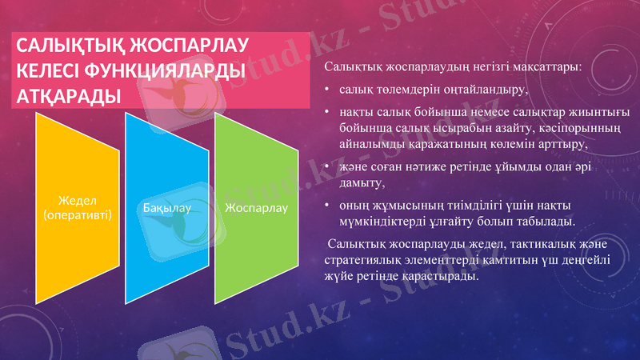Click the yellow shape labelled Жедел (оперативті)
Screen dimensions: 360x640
77,208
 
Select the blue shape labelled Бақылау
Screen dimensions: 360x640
167,208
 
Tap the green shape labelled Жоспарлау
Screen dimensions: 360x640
256,208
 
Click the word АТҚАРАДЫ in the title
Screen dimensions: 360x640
69,96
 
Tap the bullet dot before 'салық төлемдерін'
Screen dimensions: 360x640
327,90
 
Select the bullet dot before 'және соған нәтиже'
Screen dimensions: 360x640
327,166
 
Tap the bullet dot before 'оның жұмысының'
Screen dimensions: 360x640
327,205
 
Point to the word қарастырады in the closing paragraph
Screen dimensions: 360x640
444,277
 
